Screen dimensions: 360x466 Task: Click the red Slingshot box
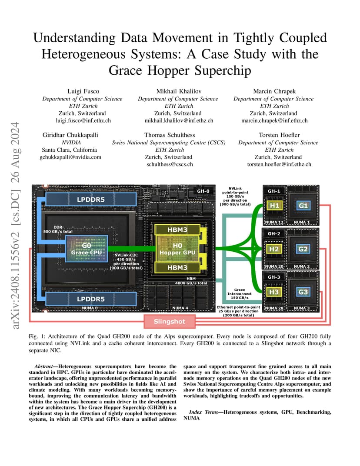(170, 321)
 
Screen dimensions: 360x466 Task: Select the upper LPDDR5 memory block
(91, 200)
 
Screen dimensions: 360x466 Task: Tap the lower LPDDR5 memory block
(91, 299)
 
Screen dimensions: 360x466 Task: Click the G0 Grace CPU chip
(87, 249)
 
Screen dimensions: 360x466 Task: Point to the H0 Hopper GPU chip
(177, 249)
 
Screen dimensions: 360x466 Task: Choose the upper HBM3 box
(177, 230)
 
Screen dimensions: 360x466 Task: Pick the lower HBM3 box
(177, 267)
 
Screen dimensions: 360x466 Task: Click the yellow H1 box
(274, 206)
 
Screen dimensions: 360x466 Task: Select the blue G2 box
(303, 249)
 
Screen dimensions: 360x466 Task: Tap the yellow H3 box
(274, 292)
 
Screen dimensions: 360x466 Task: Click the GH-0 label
(203, 191)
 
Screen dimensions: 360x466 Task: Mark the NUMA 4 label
(180, 308)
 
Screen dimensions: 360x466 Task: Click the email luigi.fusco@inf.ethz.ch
(83, 121)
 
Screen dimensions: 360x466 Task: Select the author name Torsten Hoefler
(279, 135)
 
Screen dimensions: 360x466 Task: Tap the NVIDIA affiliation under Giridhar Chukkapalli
(71, 142)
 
